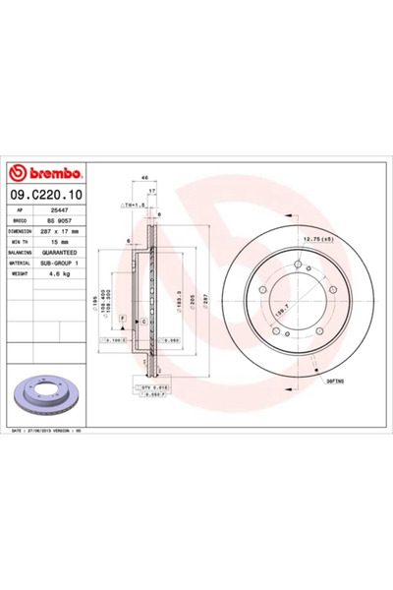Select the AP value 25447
click(x=61, y=209)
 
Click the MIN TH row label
click(x=24, y=242)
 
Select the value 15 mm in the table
click(x=59, y=242)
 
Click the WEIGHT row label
click(x=24, y=274)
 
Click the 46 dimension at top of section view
click(x=145, y=177)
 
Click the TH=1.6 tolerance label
click(x=133, y=205)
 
